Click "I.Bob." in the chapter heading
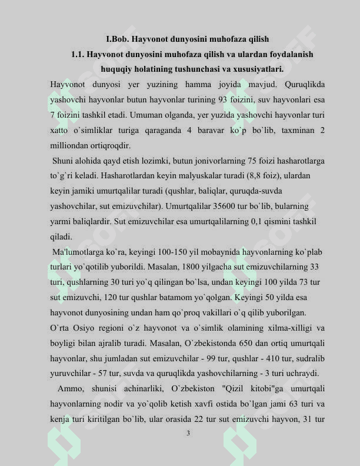(x=117, y=39)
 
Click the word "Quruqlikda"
(x=304, y=84)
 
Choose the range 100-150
(x=164, y=252)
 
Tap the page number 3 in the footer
(x=188, y=434)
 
